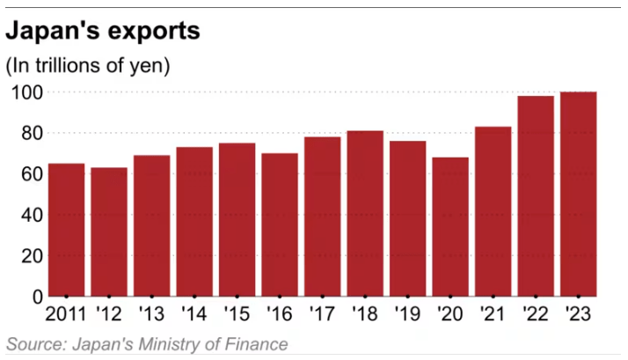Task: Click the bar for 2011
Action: [x=66, y=230]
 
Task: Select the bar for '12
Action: [x=109, y=231]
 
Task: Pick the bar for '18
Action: [x=365, y=213]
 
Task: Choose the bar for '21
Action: [x=493, y=211]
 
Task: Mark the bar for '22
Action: [x=536, y=195]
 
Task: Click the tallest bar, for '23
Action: [x=579, y=194]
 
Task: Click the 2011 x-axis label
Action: [x=66, y=313]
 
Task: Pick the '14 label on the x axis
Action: [x=194, y=313]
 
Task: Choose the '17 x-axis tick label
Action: [x=322, y=313]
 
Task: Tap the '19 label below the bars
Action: [x=407, y=313]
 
